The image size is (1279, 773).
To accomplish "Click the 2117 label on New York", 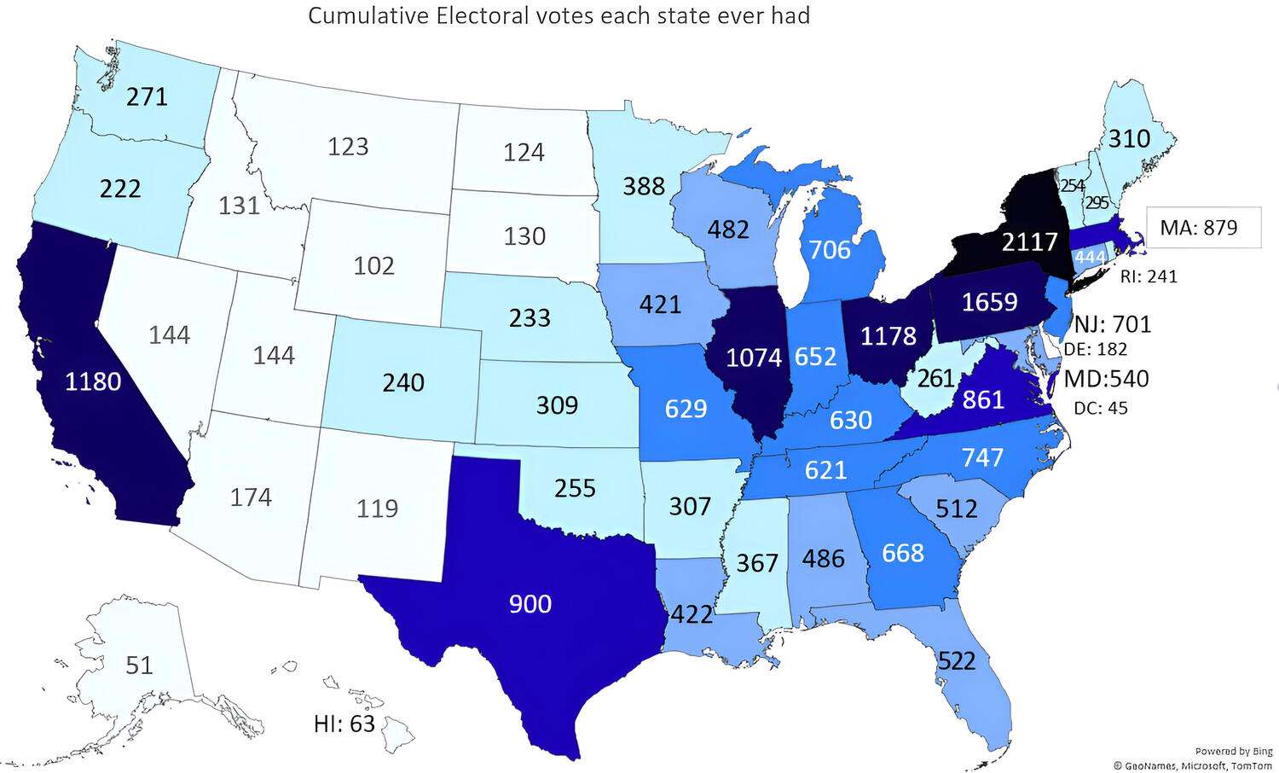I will point(1029,242).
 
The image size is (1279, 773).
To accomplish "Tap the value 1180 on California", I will point(93,381).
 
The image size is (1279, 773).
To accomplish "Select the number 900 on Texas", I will point(530,604).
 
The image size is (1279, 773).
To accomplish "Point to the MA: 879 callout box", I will point(1202,228).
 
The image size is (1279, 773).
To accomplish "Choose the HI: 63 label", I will point(344,724).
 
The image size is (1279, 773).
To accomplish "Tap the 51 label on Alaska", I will point(139,665).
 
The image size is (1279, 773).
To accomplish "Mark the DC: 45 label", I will point(1100,409).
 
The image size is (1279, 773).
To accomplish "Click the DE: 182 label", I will point(1096,349).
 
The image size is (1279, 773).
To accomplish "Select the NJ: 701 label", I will point(1113,324).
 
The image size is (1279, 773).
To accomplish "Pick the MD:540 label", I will point(1107,378).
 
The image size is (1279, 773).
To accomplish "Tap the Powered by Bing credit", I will point(1233,752).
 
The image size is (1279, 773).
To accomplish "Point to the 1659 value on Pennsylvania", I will point(989,301).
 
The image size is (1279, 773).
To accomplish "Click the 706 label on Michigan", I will point(830,249).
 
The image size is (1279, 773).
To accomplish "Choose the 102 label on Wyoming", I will point(373,265).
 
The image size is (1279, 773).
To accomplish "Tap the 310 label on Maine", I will point(1129,138).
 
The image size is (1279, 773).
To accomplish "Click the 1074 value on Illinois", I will point(754,357).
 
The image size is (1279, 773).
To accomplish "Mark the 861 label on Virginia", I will point(983,398).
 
